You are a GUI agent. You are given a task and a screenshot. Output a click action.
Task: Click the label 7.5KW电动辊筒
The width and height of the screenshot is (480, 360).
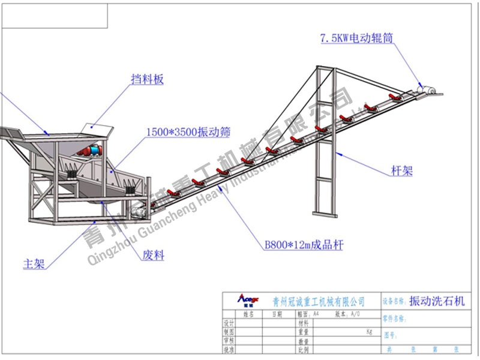[x=356, y=38]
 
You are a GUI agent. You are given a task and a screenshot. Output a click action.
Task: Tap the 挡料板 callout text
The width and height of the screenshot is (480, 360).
[x=147, y=79]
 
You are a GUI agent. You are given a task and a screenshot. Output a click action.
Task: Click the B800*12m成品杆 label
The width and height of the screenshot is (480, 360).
[x=304, y=245]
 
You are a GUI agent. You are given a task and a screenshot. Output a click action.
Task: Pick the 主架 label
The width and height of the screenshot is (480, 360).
[x=34, y=264]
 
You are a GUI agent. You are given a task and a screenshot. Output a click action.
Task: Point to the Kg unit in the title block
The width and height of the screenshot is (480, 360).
[x=369, y=331]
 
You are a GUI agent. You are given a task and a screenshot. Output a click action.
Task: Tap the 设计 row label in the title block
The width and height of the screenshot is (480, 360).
[x=228, y=323]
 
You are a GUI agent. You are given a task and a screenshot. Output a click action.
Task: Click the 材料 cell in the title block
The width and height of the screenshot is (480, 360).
[x=302, y=323]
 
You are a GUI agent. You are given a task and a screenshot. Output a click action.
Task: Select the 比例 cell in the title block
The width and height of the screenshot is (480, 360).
[x=302, y=349]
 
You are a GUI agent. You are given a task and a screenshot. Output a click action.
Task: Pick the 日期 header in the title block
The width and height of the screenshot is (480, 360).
[x=277, y=314]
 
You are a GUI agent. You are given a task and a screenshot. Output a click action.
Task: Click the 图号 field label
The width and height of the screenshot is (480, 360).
[x=391, y=335]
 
